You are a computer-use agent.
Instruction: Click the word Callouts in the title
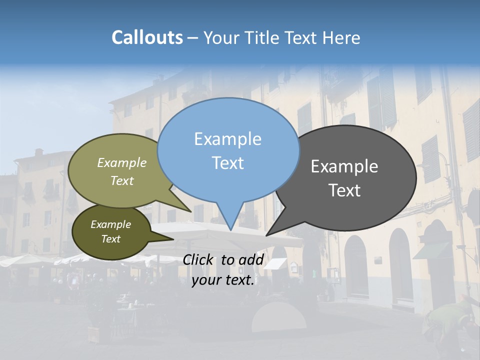click(147, 37)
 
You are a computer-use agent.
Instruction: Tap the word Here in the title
click(342, 38)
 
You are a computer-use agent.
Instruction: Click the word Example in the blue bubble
click(227, 139)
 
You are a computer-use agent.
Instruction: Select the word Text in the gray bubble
click(345, 190)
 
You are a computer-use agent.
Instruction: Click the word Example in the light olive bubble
click(122, 162)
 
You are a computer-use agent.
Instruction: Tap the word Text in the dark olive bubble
click(111, 239)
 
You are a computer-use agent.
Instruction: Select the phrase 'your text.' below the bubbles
click(223, 280)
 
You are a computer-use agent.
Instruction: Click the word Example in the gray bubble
click(344, 166)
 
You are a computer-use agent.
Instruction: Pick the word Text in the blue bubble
click(228, 163)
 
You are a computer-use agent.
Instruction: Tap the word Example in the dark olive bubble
click(111, 224)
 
